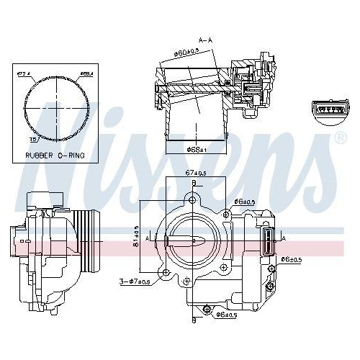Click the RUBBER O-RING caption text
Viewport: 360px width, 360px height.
point(54,154)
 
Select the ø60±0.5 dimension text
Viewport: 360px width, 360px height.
point(185,51)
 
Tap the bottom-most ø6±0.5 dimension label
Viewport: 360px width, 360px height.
point(225,315)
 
